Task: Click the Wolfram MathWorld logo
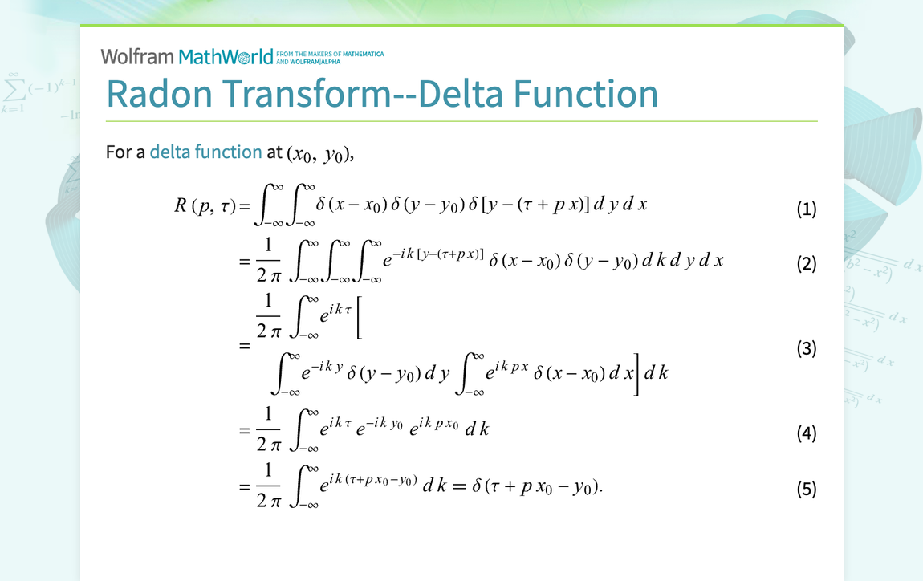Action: pyautogui.click(x=187, y=56)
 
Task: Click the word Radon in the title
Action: pyautogui.click(x=160, y=94)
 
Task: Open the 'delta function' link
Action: pyautogui.click(x=205, y=152)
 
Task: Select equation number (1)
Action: pyautogui.click(x=806, y=209)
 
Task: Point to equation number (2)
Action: pyautogui.click(x=806, y=263)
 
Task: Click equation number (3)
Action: pyautogui.click(x=806, y=348)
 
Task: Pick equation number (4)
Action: pyautogui.click(x=806, y=434)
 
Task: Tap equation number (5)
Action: pyautogui.click(x=806, y=489)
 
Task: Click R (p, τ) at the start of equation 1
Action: pyautogui.click(x=205, y=205)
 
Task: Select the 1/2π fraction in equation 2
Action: pyautogui.click(x=268, y=260)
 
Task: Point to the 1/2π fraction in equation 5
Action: pyautogui.click(x=268, y=485)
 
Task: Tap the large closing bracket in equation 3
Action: pyautogui.click(x=636, y=373)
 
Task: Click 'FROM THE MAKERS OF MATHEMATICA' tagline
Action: pyautogui.click(x=329, y=55)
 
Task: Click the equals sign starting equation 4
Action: pyautogui.click(x=244, y=430)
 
